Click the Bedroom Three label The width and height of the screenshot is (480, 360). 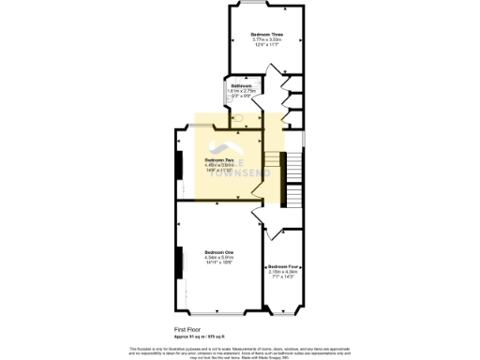265,34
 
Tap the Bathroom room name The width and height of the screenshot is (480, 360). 242,85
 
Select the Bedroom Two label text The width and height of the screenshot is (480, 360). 220,159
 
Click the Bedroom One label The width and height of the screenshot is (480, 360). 220,252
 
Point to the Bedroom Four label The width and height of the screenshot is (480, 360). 283,266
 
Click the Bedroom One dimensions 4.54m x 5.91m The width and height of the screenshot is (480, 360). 220,258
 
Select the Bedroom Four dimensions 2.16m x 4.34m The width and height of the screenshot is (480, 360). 283,272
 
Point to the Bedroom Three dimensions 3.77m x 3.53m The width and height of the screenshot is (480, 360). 265,39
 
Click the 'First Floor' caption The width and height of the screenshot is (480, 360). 188,329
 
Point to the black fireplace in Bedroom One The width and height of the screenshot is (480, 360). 178,262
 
